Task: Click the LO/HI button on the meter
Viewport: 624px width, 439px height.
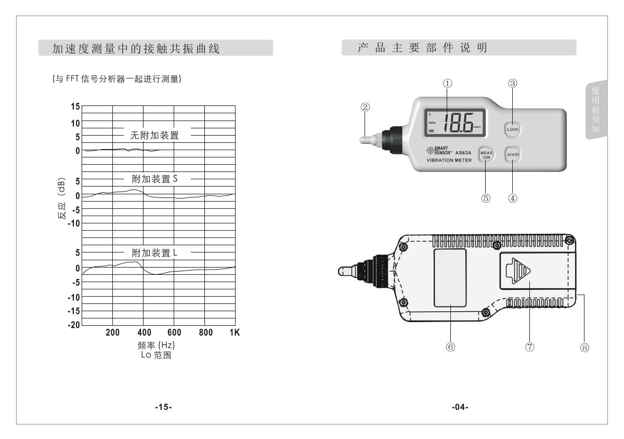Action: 512,129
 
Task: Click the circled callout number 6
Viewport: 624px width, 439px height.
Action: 450,347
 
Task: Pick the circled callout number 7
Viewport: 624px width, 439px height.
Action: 530,347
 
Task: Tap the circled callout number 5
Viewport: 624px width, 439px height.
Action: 486,198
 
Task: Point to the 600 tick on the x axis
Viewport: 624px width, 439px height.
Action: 174,332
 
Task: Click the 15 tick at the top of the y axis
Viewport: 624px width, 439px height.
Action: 75,107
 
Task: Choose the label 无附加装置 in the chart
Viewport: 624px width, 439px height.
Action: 154,136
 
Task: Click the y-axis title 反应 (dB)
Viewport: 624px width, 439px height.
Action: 62,201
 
